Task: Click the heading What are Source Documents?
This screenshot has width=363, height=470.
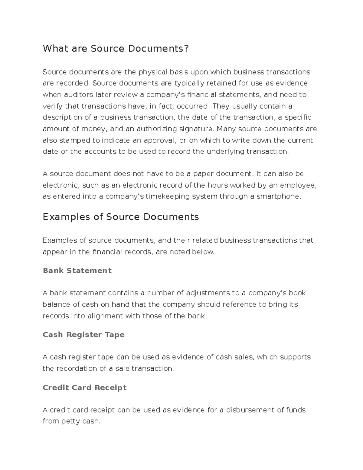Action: tap(116, 48)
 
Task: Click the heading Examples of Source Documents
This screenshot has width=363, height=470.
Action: tap(121, 217)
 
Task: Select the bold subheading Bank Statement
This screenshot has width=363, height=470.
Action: tap(77, 270)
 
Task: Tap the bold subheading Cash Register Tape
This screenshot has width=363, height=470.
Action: tap(83, 334)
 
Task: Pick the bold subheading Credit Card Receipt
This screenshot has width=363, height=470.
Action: tap(84, 387)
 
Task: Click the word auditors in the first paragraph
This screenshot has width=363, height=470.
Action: tap(78, 95)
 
